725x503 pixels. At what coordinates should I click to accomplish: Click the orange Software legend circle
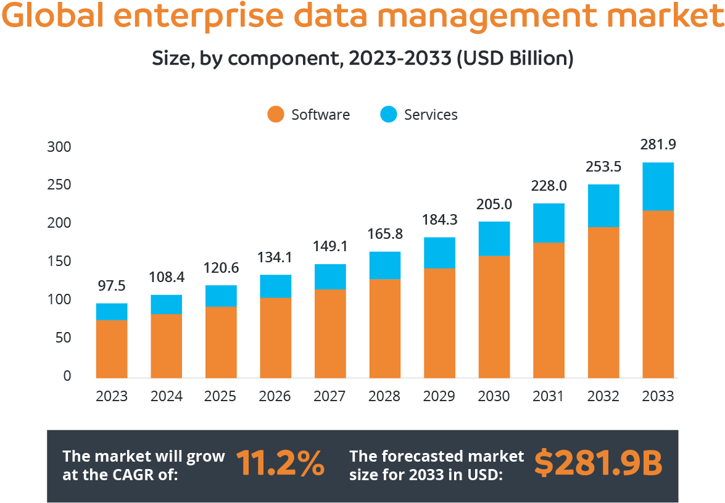point(276,115)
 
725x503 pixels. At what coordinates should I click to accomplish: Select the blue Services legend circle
point(388,115)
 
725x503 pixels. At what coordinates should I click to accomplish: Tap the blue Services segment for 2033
point(658,186)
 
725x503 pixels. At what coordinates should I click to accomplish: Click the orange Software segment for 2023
point(112,349)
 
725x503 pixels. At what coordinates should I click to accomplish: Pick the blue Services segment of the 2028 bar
point(384,265)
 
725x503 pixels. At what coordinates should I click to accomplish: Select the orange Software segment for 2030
point(494,317)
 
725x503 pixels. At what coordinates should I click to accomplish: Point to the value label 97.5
point(112,286)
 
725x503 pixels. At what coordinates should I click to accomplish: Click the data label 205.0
point(494,204)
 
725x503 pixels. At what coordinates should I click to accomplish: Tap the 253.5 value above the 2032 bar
point(603,167)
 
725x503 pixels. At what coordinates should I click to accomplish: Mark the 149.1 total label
point(329,247)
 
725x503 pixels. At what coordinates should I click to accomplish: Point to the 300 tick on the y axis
point(59,148)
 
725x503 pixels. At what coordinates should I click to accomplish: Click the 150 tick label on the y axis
point(59,262)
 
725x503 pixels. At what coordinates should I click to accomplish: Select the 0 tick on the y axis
point(67,376)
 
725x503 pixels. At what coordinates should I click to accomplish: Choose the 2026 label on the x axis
point(275,396)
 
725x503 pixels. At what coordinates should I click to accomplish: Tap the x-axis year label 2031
point(548,396)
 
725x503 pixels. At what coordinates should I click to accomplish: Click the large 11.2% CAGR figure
point(280,463)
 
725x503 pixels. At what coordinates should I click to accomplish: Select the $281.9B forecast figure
point(598,463)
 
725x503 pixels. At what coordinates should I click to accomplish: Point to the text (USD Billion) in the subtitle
point(515,59)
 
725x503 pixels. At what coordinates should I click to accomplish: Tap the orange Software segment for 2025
point(221,343)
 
